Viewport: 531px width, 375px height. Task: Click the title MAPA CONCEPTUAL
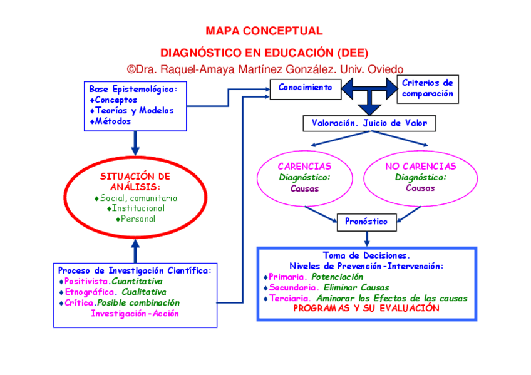(264, 31)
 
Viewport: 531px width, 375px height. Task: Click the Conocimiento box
(305, 88)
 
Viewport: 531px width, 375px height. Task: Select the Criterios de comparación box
(427, 88)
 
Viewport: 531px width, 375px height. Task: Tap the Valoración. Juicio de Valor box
(369, 123)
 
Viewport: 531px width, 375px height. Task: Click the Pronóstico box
(366, 222)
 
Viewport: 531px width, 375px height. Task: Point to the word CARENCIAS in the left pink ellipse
(304, 167)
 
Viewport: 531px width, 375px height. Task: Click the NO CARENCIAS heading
(420, 167)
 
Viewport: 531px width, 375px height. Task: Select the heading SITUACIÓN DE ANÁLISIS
(135, 182)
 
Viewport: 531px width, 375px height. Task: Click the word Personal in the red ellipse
(138, 219)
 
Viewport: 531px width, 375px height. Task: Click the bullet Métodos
(113, 121)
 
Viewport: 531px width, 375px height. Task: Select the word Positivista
(87, 281)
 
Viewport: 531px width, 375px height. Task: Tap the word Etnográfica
(90, 292)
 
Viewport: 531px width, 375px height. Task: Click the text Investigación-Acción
(135, 313)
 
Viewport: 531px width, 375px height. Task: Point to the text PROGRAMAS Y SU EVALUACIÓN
(366, 309)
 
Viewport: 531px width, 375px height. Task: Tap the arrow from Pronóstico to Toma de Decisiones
(366, 237)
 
